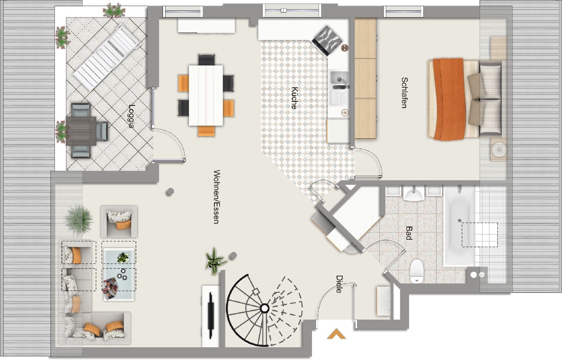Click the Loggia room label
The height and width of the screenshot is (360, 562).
point(131,116)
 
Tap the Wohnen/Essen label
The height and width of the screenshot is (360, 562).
point(216,197)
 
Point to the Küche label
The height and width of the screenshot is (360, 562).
point(294,98)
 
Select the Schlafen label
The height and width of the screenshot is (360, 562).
point(404,93)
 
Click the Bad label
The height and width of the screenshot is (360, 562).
point(409,233)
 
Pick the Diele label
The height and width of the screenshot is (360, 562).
point(339,284)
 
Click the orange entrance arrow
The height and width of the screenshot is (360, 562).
point(337,334)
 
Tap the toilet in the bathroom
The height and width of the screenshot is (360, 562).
point(417,271)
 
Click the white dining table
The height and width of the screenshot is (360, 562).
point(206,95)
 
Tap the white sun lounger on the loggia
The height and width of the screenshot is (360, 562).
point(107,57)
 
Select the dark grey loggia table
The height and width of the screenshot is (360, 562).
point(81,131)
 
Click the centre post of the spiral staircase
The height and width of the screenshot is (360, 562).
point(265,308)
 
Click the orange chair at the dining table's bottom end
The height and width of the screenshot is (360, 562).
point(206,131)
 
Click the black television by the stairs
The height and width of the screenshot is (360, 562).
point(210,315)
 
